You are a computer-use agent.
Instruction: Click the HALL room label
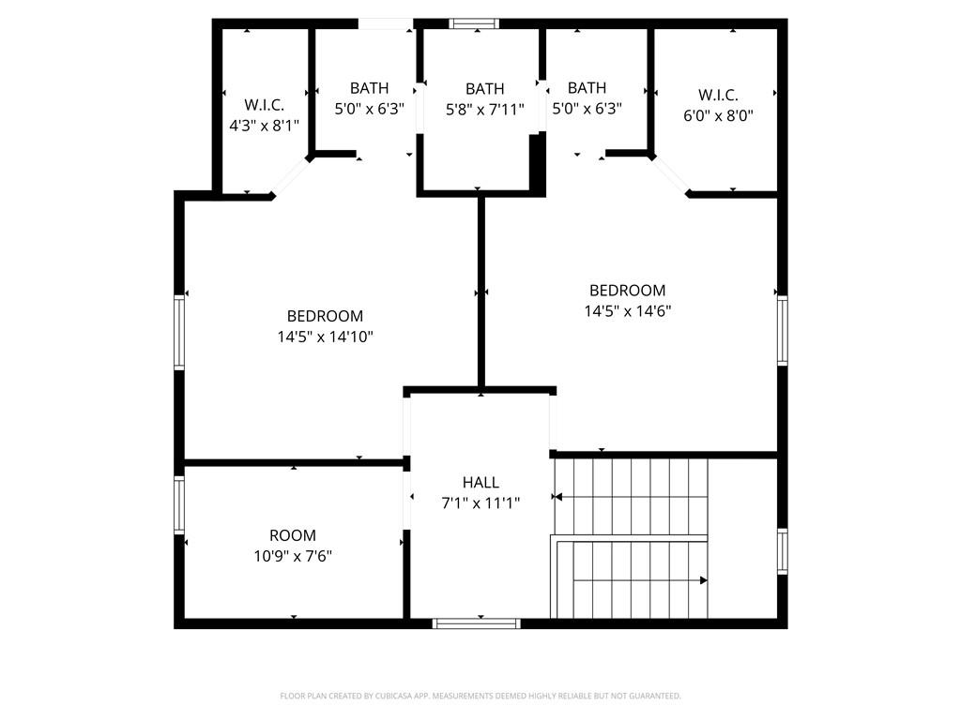[x=480, y=483]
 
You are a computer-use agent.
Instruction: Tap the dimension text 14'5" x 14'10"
[x=326, y=337]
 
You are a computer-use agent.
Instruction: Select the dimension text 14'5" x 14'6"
[x=628, y=311]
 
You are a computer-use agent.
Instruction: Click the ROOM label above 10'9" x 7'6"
[x=293, y=535]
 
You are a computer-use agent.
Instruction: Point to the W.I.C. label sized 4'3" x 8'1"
[x=264, y=105]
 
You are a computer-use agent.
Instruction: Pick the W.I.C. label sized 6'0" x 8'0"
[x=718, y=96]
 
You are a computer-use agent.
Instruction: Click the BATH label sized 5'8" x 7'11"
[x=485, y=89]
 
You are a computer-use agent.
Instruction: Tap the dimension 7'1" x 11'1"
[x=480, y=503]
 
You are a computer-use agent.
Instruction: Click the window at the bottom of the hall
[x=476, y=623]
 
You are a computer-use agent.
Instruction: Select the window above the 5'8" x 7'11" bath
[x=474, y=23]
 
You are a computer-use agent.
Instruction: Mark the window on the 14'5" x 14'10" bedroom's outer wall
[x=179, y=333]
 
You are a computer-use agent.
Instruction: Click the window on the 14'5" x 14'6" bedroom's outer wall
[x=783, y=331]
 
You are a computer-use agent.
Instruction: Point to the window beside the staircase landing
[x=783, y=551]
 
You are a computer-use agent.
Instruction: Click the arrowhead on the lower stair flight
[x=704, y=580]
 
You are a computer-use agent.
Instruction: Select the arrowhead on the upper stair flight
[x=557, y=497]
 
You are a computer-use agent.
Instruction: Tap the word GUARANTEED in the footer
[x=657, y=697]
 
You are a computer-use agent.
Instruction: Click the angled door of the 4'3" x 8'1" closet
[x=290, y=177]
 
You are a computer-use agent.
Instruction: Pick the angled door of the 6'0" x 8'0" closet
[x=671, y=176]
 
